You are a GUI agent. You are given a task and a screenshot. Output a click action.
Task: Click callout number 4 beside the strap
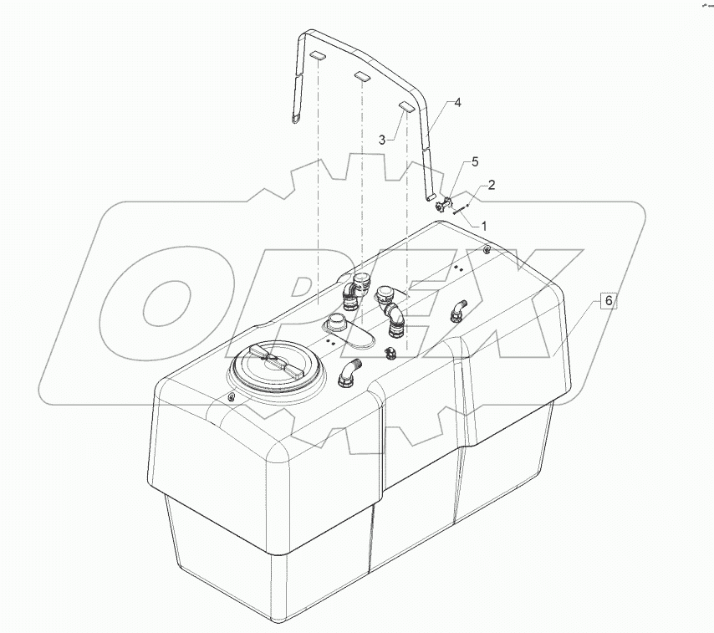[457, 102]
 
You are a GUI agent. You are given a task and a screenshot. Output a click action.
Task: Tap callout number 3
[381, 141]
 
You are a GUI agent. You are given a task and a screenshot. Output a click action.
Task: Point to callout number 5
[474, 160]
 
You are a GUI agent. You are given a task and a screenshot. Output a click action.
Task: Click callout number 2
[492, 184]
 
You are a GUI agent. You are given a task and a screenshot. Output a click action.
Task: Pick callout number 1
[482, 225]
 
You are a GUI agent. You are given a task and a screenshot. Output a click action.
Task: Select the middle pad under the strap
[362, 77]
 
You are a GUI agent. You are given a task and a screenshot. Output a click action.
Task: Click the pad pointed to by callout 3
[406, 107]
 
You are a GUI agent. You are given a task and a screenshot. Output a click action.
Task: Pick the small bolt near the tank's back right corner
[487, 248]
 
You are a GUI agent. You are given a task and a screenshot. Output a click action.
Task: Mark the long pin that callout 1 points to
[459, 212]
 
